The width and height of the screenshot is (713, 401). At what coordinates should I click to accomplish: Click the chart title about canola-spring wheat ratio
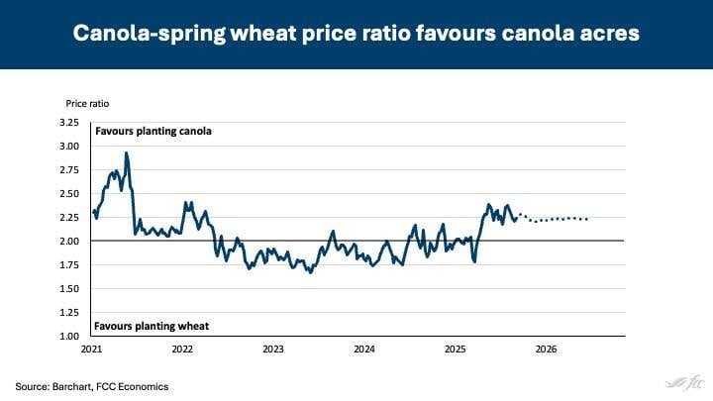356,34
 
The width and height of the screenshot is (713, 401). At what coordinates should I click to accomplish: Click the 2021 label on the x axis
91,350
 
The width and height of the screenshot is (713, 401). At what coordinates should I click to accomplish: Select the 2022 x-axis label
182,350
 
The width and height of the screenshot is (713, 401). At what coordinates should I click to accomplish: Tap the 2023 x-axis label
273,350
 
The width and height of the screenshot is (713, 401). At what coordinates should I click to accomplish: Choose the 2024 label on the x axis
364,350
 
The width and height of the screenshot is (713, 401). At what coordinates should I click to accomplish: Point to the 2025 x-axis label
456,350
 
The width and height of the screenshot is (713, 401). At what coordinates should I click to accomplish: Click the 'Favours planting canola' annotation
153,131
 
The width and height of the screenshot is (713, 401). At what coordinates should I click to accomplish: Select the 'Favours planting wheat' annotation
152,326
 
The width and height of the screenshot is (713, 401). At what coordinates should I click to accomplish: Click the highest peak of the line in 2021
126,153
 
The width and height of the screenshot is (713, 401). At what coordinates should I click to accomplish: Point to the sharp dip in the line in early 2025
475,260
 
